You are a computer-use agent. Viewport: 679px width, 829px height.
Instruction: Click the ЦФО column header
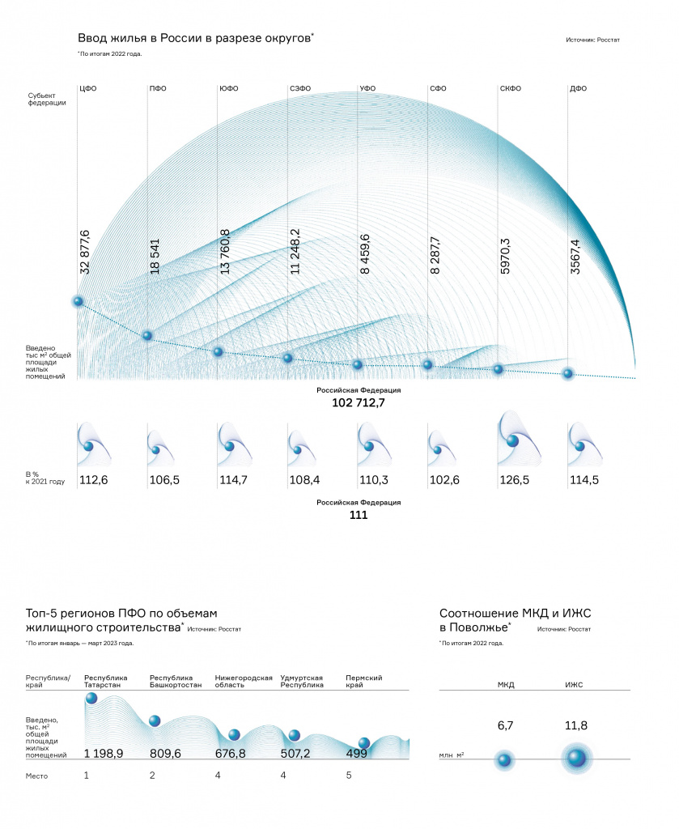[87, 88]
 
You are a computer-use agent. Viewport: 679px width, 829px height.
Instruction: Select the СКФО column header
[511, 88]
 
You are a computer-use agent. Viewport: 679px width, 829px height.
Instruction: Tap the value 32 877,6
[84, 253]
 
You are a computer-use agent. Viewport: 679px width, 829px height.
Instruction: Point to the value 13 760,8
[224, 252]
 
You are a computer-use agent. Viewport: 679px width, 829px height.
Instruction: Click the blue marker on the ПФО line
[147, 335]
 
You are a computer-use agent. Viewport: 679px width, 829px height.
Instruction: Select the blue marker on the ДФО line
[568, 374]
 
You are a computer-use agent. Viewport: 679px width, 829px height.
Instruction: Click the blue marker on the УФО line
[358, 364]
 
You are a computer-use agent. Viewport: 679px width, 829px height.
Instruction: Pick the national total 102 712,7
[359, 403]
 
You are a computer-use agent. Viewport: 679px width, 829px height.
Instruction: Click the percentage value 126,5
[514, 480]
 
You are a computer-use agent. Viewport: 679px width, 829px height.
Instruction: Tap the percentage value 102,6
[444, 480]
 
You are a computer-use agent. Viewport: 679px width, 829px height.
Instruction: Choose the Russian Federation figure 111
[359, 515]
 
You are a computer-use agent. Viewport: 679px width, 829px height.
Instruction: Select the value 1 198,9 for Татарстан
[104, 754]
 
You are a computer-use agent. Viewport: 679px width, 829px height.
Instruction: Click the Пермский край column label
[363, 681]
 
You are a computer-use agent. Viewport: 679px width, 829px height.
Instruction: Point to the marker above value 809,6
[155, 721]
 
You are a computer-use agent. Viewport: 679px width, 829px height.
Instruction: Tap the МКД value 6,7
[505, 725]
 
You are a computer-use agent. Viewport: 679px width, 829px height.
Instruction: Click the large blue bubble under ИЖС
[576, 758]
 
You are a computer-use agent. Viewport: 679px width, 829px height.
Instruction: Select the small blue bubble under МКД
[505, 760]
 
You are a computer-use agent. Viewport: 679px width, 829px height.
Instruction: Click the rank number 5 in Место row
[349, 775]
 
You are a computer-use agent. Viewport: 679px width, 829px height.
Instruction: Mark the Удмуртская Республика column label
[302, 681]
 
